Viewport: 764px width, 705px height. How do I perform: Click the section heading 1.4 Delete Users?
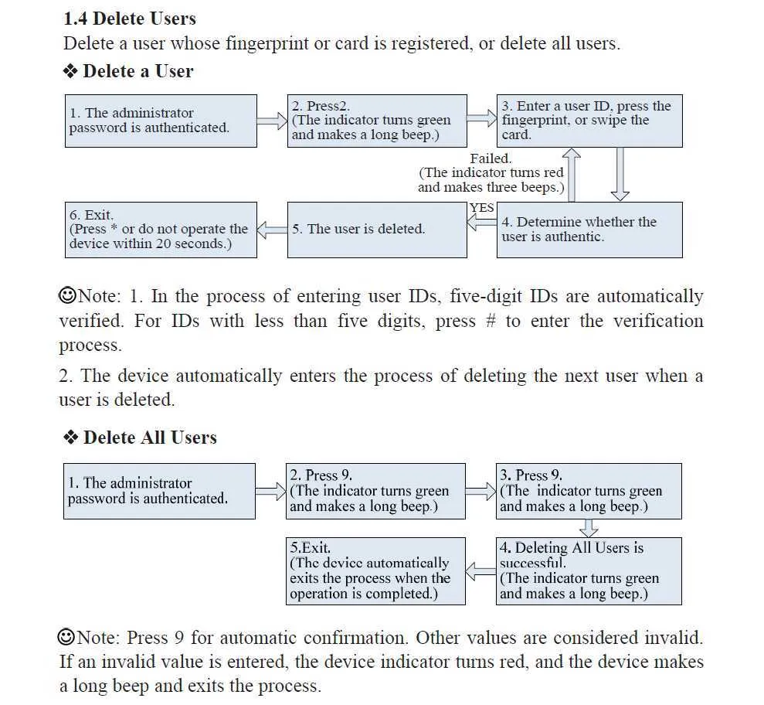point(129,19)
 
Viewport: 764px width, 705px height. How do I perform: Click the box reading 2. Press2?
point(378,121)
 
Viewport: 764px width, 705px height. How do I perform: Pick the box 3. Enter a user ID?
point(589,121)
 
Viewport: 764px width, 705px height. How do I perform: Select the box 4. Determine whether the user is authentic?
point(589,230)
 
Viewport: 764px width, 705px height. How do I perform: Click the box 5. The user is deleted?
point(378,230)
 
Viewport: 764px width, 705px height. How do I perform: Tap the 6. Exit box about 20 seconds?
point(161,230)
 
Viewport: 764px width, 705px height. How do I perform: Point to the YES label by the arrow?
point(482,208)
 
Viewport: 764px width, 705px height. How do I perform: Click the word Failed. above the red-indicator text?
point(491,159)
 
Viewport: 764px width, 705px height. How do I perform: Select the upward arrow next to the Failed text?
point(573,175)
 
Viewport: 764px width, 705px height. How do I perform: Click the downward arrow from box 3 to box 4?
point(620,175)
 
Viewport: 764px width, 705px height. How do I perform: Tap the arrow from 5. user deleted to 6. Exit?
point(272,230)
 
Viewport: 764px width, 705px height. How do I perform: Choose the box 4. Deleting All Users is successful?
point(589,571)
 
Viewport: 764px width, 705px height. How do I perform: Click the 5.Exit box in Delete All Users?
point(378,571)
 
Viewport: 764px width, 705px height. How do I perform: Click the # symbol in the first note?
point(490,322)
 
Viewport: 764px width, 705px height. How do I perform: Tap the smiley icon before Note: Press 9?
point(67,638)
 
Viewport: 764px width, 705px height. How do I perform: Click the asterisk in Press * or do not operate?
point(114,230)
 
